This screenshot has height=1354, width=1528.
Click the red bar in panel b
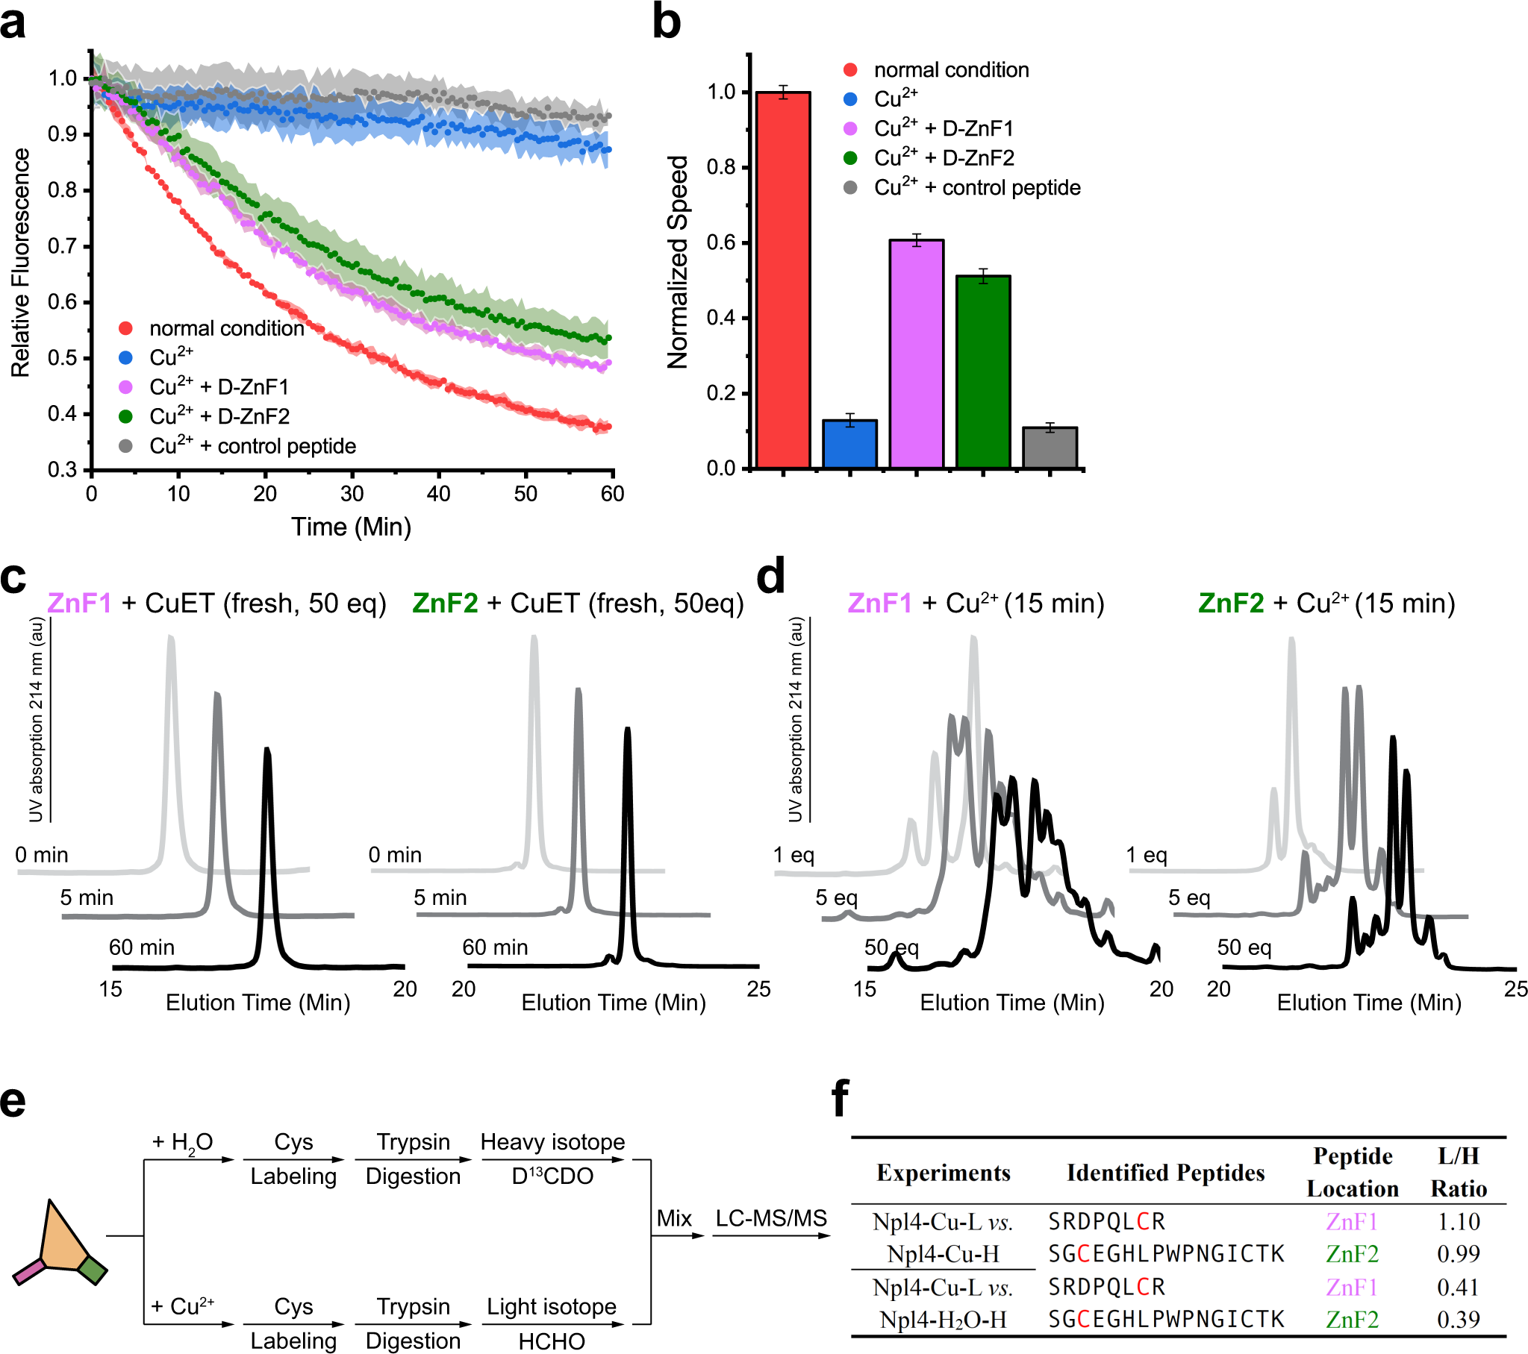coord(783,280)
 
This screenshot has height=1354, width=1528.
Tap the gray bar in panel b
coord(1050,448)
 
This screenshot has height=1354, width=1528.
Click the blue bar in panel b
coord(849,444)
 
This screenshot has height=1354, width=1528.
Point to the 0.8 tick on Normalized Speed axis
coord(721,167)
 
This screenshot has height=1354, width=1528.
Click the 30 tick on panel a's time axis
coord(352,493)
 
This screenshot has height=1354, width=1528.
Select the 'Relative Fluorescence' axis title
coord(20,263)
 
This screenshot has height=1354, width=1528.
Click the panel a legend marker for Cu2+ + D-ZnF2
coord(125,416)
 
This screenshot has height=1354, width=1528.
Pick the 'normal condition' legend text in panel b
coord(951,69)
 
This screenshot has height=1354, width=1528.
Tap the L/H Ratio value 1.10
coord(1458,1221)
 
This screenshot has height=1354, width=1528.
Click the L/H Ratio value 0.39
coord(1458,1319)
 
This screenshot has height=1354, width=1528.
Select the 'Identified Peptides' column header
coord(1164,1173)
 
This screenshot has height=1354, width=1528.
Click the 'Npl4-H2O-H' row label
coord(943,1319)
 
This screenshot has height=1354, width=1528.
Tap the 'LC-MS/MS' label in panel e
coord(771,1218)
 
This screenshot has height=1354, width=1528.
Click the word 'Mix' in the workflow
coord(673,1218)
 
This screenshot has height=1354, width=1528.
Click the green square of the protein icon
coord(93,1270)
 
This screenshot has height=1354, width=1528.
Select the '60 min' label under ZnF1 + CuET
coord(141,947)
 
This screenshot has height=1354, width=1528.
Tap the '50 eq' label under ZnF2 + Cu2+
coord(1244,947)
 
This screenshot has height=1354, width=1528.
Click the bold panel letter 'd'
coord(770,577)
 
